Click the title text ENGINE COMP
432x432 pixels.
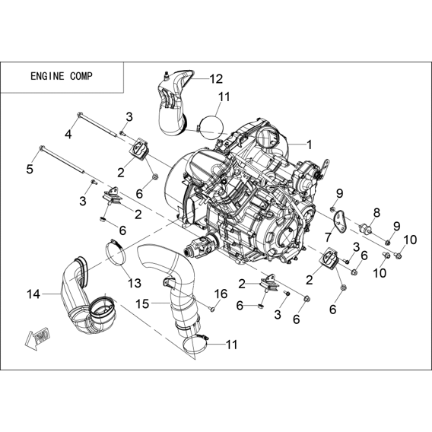pyautogui.click(x=62, y=76)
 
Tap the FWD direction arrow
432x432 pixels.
pyautogui.click(x=38, y=338)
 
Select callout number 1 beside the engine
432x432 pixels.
pyautogui.click(x=310, y=145)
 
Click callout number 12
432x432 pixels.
pyautogui.click(x=216, y=79)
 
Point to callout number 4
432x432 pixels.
pyautogui.click(x=68, y=135)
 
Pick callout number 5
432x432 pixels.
pyautogui.click(x=30, y=169)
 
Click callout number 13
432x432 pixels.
pyautogui.click(x=135, y=283)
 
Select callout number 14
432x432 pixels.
pyautogui.click(x=33, y=294)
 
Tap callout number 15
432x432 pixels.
pyautogui.click(x=142, y=304)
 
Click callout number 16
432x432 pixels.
pyautogui.click(x=221, y=294)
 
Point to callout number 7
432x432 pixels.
pyautogui.click(x=328, y=237)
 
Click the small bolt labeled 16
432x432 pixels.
pyautogui.click(x=212, y=309)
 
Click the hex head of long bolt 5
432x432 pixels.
pyautogui.click(x=43, y=148)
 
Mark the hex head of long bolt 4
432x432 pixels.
pyautogui.click(x=80, y=114)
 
